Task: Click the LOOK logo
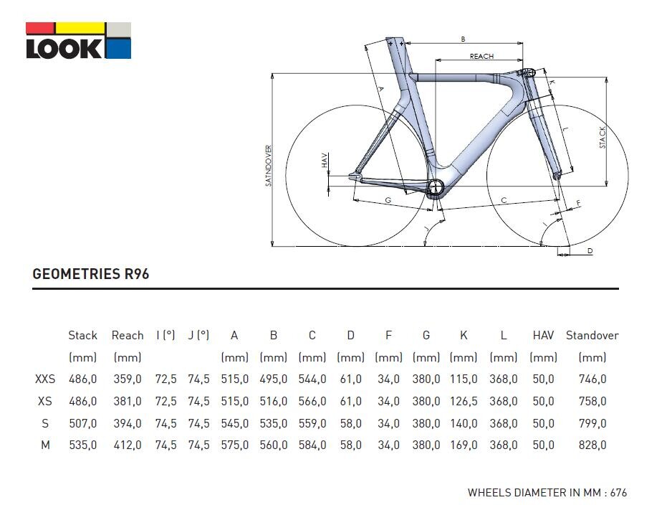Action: pos(79,41)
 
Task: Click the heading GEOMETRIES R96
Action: pos(91,274)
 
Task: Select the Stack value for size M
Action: pos(83,445)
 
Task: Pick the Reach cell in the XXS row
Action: pos(128,379)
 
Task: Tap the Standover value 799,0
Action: pos(593,423)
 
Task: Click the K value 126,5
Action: pos(464,401)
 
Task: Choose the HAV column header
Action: pos(543,335)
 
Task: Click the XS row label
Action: pos(44,401)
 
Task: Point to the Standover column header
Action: pos(593,335)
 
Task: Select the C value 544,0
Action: pos(312,379)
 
